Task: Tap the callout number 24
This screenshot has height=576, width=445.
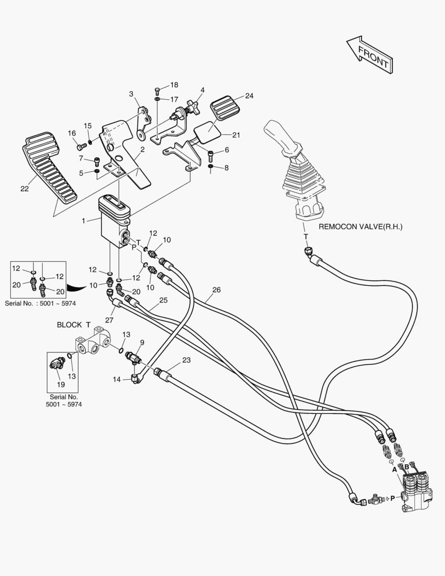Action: [249, 96]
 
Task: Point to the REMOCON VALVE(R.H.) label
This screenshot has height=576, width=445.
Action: [360, 227]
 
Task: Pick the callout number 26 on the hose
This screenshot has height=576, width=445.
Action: [216, 290]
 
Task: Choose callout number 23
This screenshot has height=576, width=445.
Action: [186, 360]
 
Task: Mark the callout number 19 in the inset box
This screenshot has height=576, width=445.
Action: [60, 384]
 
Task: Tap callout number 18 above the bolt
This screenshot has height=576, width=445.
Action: [174, 85]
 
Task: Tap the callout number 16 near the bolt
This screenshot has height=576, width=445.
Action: [71, 133]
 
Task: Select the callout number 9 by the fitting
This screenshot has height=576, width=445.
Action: [142, 342]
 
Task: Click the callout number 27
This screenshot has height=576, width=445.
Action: [109, 320]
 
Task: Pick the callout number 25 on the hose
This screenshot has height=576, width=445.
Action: [163, 300]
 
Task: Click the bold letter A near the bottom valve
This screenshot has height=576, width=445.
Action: [394, 470]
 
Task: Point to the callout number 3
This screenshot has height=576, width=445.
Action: [131, 94]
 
